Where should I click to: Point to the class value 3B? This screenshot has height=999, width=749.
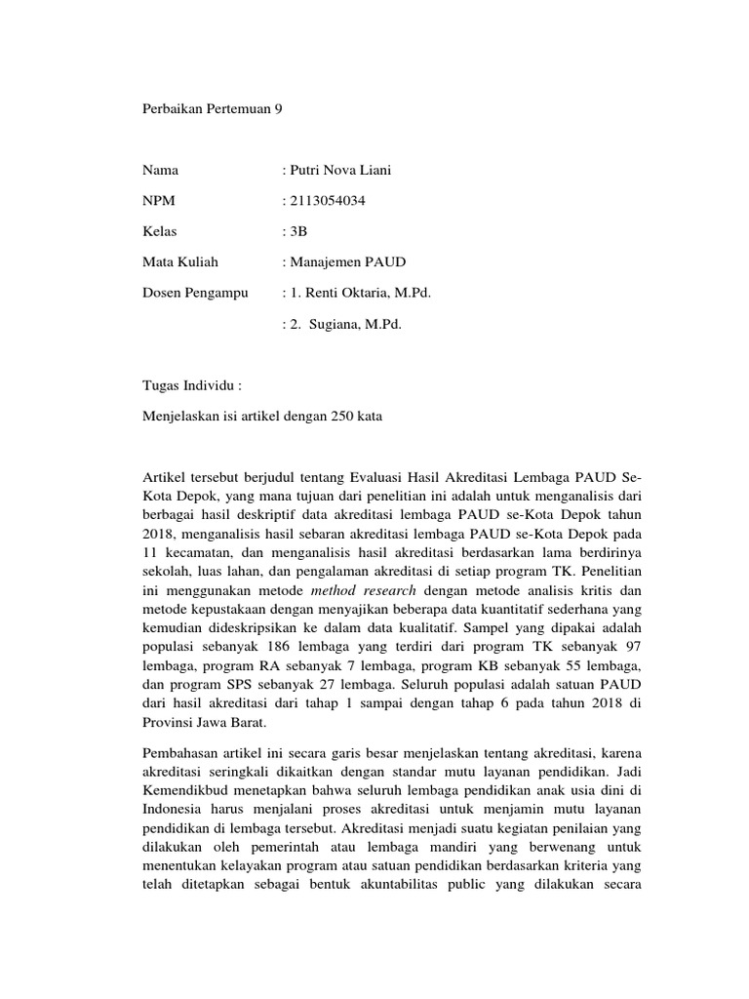pyautogui.click(x=296, y=231)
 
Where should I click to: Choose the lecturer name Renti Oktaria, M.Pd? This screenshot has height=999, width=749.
pyautogui.click(x=366, y=292)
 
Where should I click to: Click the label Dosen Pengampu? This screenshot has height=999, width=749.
pyautogui.click(x=195, y=292)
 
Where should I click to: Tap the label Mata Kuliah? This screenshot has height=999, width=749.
pyautogui.click(x=180, y=261)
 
